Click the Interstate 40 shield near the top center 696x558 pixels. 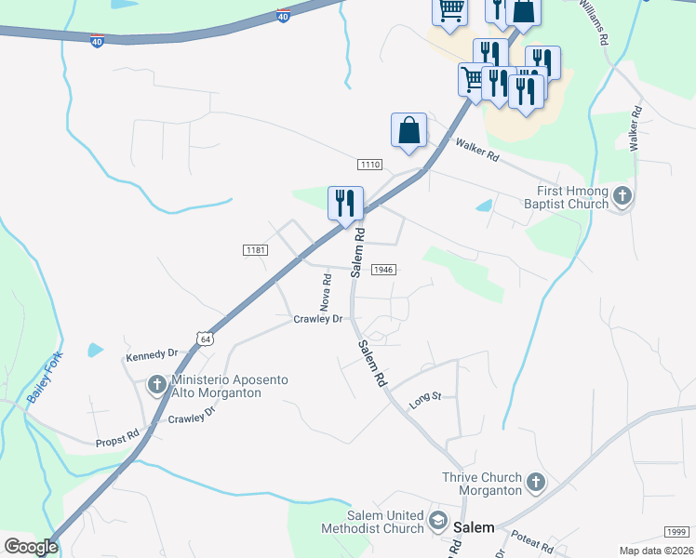tap(283, 16)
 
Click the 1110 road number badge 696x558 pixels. tap(369, 165)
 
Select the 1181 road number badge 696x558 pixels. tap(255, 250)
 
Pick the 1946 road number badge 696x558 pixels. tap(384, 269)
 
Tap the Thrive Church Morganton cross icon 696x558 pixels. tap(535, 482)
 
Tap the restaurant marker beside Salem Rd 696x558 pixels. tap(345, 203)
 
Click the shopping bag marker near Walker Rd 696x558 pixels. tap(408, 130)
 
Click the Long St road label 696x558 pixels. tap(424, 400)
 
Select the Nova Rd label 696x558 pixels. tap(327, 291)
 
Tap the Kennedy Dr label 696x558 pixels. tap(151, 354)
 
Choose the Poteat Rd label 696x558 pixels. tap(533, 540)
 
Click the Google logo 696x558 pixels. tap(31, 547)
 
